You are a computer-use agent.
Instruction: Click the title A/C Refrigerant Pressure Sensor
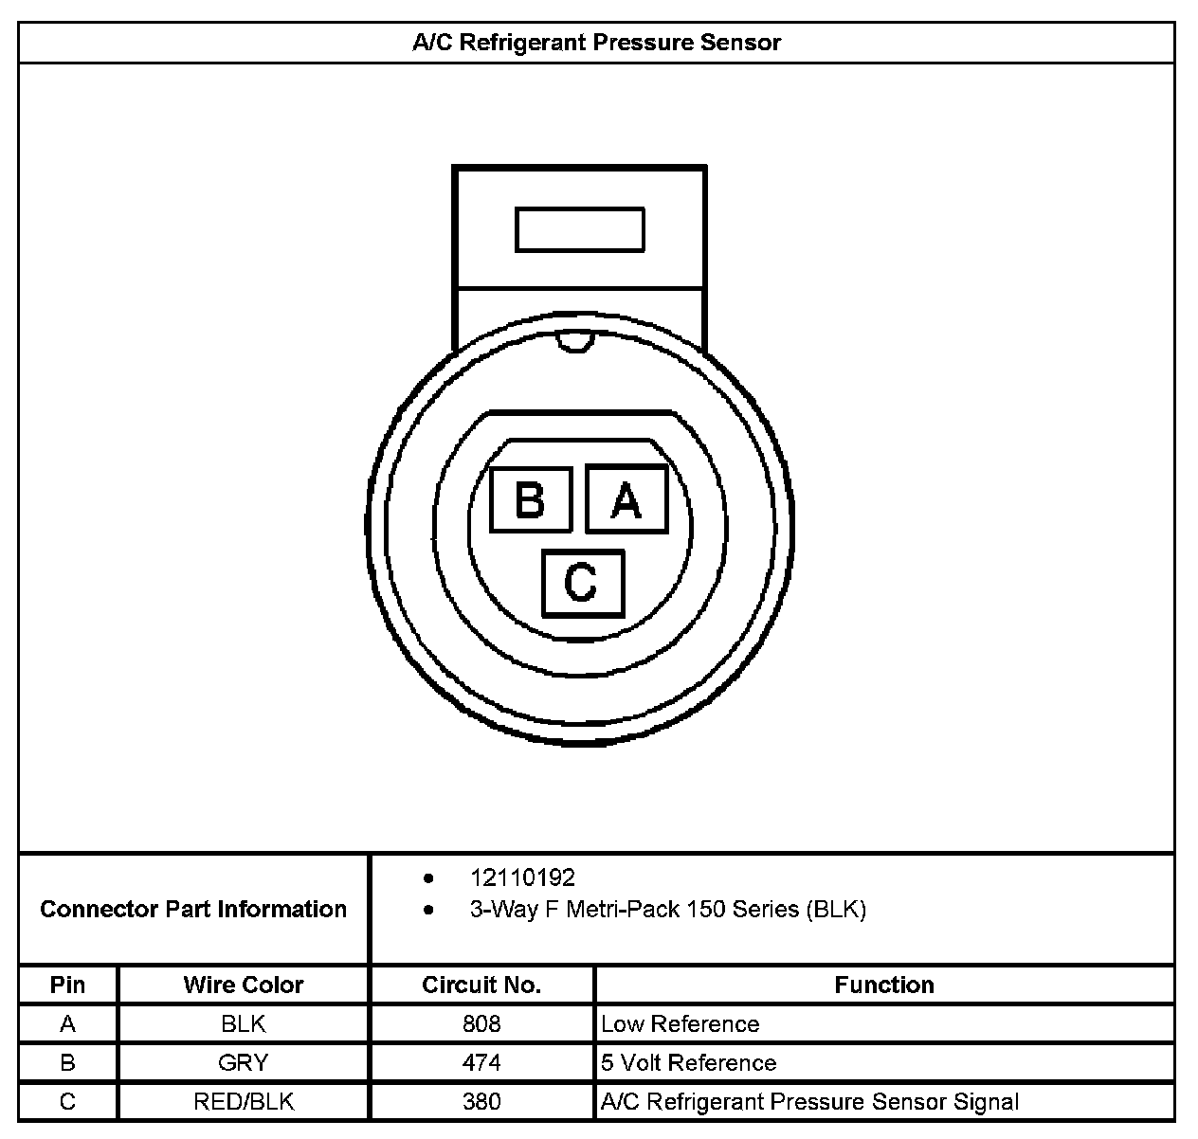tap(596, 43)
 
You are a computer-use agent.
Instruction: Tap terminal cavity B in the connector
tap(531, 499)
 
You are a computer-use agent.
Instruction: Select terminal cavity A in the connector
tap(626, 499)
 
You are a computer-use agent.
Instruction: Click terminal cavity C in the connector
tap(582, 582)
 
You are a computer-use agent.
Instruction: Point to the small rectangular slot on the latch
tap(579, 229)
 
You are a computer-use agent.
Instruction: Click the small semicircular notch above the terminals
tap(574, 344)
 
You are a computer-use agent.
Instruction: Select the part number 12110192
tap(522, 877)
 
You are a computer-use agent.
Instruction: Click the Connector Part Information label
tap(193, 910)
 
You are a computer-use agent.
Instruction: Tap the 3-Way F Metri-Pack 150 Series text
tap(667, 910)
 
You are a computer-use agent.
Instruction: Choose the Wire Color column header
tap(244, 985)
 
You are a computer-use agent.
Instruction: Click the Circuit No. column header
tap(481, 985)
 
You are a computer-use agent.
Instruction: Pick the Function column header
tap(884, 985)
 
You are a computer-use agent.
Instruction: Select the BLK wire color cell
tap(244, 1024)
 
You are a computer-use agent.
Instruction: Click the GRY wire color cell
tap(244, 1063)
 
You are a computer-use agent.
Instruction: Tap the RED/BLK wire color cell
tap(244, 1102)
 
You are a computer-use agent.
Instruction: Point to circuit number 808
tap(481, 1024)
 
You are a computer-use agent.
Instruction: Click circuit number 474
tap(481, 1063)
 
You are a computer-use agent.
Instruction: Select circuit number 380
tap(481, 1102)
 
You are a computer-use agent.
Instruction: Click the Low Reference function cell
tap(681, 1024)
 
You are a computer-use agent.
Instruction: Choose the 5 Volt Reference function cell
tap(689, 1063)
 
